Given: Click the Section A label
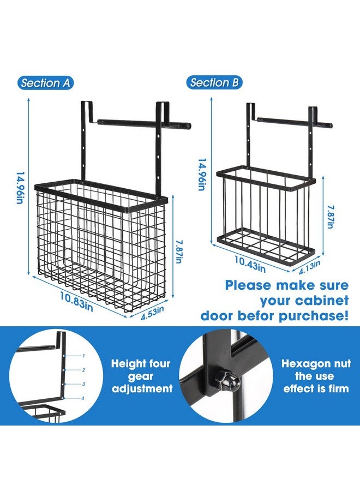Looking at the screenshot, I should click(46, 83).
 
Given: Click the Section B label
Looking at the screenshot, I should click(214, 83).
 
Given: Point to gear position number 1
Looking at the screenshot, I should click(83, 355).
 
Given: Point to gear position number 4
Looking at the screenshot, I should click(83, 398).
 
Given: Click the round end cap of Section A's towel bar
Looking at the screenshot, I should click(188, 125).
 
